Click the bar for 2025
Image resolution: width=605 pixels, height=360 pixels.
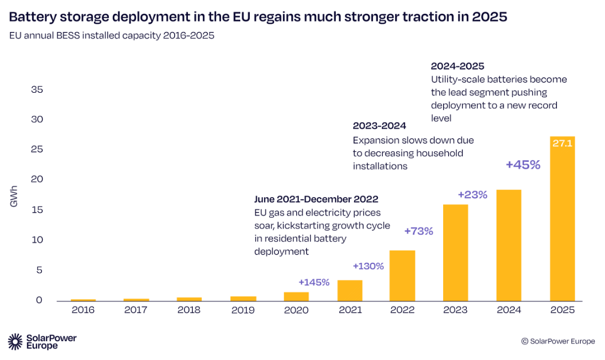[562, 221]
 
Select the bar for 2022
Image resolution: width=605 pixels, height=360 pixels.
[402, 276]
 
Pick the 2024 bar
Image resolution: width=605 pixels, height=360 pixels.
[509, 245]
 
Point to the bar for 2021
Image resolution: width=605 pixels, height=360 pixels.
[350, 290]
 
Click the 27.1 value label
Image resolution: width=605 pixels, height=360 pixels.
[562, 144]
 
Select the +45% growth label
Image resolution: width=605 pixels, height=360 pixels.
[523, 165]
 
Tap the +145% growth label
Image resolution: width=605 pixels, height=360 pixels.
[314, 282]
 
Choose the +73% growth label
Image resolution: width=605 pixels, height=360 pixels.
[418, 231]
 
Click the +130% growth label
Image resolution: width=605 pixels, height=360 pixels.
[367, 266]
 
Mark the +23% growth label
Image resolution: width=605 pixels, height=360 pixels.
[472, 194]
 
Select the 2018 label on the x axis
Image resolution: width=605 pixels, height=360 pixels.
[189, 310]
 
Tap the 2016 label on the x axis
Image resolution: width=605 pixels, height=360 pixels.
[83, 310]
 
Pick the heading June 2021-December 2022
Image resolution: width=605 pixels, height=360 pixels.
[316, 199]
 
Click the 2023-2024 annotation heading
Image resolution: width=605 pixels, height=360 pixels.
[380, 126]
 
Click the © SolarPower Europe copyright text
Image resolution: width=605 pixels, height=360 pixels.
[558, 341]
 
